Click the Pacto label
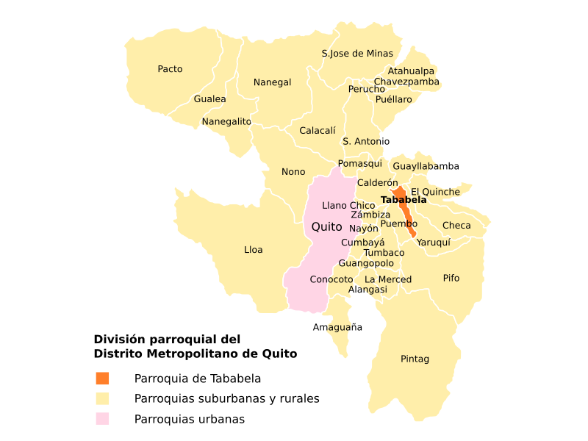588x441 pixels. (170, 69)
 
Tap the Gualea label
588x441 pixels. (209, 99)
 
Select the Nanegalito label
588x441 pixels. (226, 121)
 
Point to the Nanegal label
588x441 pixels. (272, 82)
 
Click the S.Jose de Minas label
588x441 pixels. (357, 54)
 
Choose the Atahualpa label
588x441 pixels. (411, 71)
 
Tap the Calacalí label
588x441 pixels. (318, 131)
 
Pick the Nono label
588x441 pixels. (293, 172)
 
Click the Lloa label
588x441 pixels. (254, 250)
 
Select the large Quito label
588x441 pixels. (327, 227)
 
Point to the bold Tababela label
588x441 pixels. (404, 200)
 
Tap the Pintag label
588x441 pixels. (415, 359)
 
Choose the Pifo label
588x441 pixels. (451, 278)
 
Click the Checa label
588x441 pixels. (456, 226)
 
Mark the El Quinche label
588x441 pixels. (435, 193)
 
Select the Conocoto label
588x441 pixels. (331, 280)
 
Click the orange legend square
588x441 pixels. (102, 378)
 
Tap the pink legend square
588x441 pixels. (102, 418)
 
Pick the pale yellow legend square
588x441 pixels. (102, 398)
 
